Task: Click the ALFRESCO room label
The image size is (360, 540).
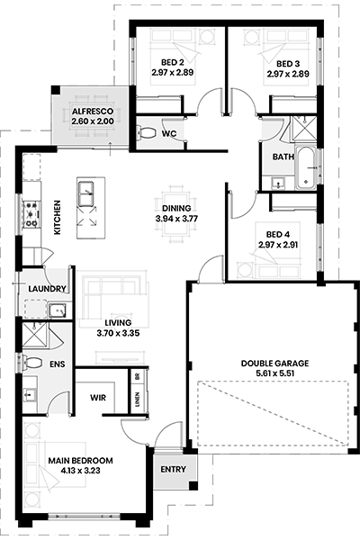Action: (x=93, y=112)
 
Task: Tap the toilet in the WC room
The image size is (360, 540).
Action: (x=147, y=133)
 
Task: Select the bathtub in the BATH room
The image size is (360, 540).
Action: (x=306, y=168)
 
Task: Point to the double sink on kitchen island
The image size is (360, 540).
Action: (x=86, y=193)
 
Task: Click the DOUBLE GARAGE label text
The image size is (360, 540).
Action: (x=274, y=364)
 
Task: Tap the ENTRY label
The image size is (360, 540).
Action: (x=174, y=470)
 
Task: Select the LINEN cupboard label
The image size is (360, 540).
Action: (x=138, y=400)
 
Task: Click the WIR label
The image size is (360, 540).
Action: (x=98, y=398)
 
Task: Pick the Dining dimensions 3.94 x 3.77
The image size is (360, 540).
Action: (x=176, y=219)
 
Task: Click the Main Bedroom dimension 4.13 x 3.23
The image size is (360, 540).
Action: (x=80, y=471)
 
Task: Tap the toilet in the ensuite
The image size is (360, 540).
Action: (x=32, y=363)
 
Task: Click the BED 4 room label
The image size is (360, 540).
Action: (x=278, y=235)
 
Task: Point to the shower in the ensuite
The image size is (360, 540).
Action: (x=34, y=334)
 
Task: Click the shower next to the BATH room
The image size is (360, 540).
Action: (x=304, y=128)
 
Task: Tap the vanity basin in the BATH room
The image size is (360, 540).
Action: (x=277, y=183)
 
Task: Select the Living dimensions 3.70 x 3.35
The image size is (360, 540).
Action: (x=118, y=333)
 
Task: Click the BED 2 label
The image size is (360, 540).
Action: (x=173, y=62)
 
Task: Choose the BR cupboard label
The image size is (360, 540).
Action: (x=138, y=377)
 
